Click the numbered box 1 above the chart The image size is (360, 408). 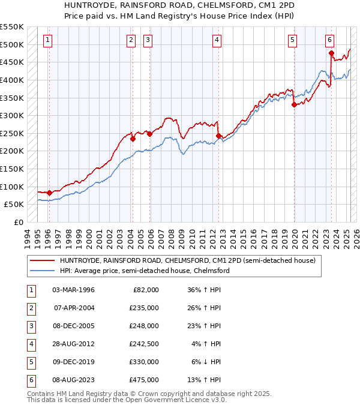pyautogui.click(x=47, y=40)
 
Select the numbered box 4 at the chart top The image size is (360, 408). pyautogui.click(x=217, y=40)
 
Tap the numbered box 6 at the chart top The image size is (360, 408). pyautogui.click(x=330, y=40)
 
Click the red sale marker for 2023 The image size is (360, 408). pyautogui.click(x=331, y=53)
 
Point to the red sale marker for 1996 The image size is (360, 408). pyautogui.click(x=49, y=193)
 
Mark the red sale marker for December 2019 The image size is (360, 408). pyautogui.click(x=294, y=104)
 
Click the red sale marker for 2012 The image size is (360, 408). pyautogui.click(x=218, y=136)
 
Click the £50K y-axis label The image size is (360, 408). pyautogui.click(x=14, y=204)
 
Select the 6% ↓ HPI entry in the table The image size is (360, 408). pyautogui.click(x=205, y=361)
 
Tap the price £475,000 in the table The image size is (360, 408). pyautogui.click(x=144, y=379)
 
